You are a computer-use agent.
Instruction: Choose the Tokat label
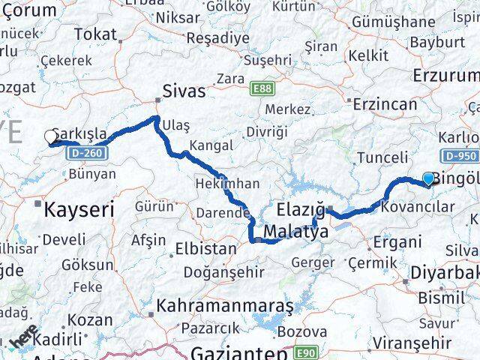pyautogui.click(x=96, y=34)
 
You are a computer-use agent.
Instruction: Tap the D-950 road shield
pyautogui.click(x=459, y=156)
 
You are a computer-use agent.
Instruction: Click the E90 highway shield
pyautogui.click(x=306, y=352)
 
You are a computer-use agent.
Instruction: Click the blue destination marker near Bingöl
pyautogui.click(x=428, y=178)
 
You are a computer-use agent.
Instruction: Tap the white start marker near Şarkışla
pyautogui.click(x=52, y=136)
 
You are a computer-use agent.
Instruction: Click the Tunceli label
pyautogui.click(x=382, y=157)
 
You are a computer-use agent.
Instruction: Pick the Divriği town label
pyautogui.click(x=267, y=131)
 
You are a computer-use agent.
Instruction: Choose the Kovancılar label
pyautogui.click(x=418, y=205)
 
